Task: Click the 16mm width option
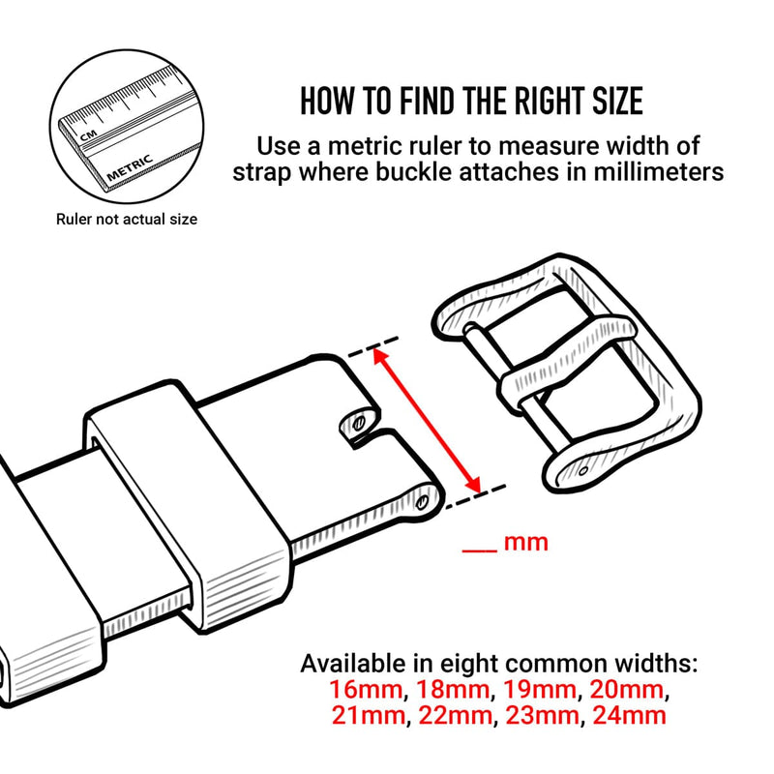click(x=366, y=690)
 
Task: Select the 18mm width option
click(x=453, y=690)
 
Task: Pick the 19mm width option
click(x=539, y=690)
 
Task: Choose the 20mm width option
click(x=626, y=690)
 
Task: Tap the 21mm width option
click(x=368, y=715)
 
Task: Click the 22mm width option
click(x=455, y=715)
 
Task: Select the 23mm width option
click(x=542, y=715)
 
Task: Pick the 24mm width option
click(x=629, y=715)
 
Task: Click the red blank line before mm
click(x=479, y=551)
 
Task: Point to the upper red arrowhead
click(x=380, y=356)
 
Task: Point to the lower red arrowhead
click(x=472, y=484)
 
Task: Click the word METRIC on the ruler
click(x=130, y=168)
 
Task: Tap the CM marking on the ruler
click(x=88, y=135)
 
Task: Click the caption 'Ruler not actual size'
click(x=127, y=220)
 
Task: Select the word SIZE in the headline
click(x=617, y=102)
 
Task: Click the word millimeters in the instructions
click(x=659, y=172)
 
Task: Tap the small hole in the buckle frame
click(x=583, y=470)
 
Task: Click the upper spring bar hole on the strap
click(x=359, y=423)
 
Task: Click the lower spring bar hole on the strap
click(x=422, y=503)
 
